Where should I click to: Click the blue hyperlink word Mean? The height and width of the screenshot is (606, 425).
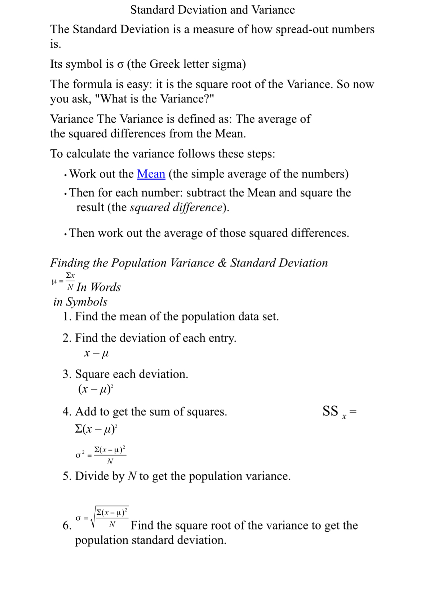pyautogui.click(x=151, y=174)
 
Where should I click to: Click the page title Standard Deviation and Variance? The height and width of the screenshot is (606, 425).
pyautogui.click(x=212, y=10)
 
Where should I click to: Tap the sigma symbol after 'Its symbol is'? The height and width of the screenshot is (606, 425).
pyautogui.click(x=120, y=65)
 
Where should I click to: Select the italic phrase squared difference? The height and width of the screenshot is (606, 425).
pyautogui.click(x=176, y=207)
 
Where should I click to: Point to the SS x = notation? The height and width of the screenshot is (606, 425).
pyautogui.click(x=339, y=412)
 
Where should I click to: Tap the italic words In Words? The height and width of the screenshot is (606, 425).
pyautogui.click(x=99, y=287)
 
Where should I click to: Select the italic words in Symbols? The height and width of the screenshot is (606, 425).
pyautogui.click(x=80, y=302)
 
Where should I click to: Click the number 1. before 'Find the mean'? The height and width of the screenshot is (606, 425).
pyautogui.click(x=67, y=317)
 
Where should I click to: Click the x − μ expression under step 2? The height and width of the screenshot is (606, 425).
pyautogui.click(x=96, y=353)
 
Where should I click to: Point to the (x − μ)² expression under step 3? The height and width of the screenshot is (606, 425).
pyautogui.click(x=96, y=389)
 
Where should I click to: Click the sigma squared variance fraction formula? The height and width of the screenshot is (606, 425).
pyautogui.click(x=101, y=455)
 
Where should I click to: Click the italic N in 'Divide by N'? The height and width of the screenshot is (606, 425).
pyautogui.click(x=132, y=477)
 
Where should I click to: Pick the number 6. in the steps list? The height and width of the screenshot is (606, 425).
pyautogui.click(x=67, y=526)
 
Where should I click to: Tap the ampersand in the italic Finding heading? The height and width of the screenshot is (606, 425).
pyautogui.click(x=222, y=263)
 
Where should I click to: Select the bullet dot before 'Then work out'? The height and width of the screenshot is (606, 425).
pyautogui.click(x=65, y=234)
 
